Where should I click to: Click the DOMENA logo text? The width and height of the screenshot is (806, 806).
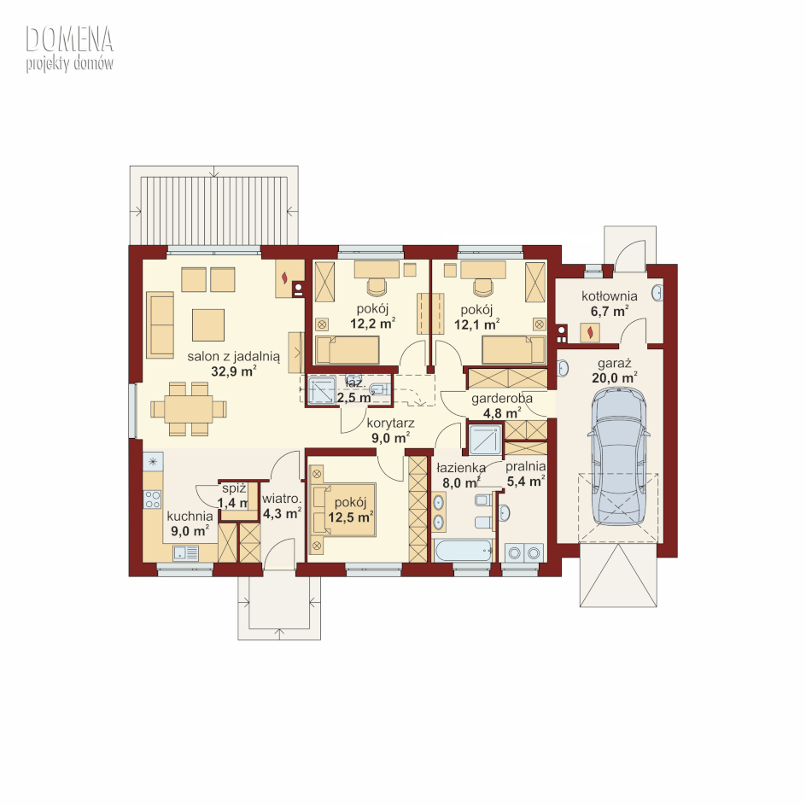pos(69,39)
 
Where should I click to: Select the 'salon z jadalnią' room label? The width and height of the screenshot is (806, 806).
pos(233,356)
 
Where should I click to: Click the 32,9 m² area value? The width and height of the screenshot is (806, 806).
pos(233,371)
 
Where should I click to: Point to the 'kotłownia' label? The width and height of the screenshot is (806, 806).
pos(609,296)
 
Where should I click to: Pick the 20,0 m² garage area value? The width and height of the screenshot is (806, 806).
pos(614,377)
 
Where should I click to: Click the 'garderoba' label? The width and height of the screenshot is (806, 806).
pos(502,399)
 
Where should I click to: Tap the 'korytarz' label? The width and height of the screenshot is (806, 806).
pos(390,423)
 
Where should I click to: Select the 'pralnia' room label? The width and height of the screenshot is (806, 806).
pos(525,467)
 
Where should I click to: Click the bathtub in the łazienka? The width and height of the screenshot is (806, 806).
pos(463,551)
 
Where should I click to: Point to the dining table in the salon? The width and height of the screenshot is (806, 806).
pos(189,409)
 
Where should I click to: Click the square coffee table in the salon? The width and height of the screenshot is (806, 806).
pos(208,324)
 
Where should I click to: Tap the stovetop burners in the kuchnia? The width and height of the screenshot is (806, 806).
pos(153,499)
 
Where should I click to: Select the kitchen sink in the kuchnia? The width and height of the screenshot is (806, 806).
pos(185,552)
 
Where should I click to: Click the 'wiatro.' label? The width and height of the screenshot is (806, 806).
pos(281,499)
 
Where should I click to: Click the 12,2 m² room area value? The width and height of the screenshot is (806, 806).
pos(372,324)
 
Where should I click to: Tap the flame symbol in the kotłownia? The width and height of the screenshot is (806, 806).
pos(590,332)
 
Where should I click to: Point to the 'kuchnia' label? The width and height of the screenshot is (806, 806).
pos(190,516)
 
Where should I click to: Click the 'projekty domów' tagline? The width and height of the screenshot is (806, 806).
pos(69,64)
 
